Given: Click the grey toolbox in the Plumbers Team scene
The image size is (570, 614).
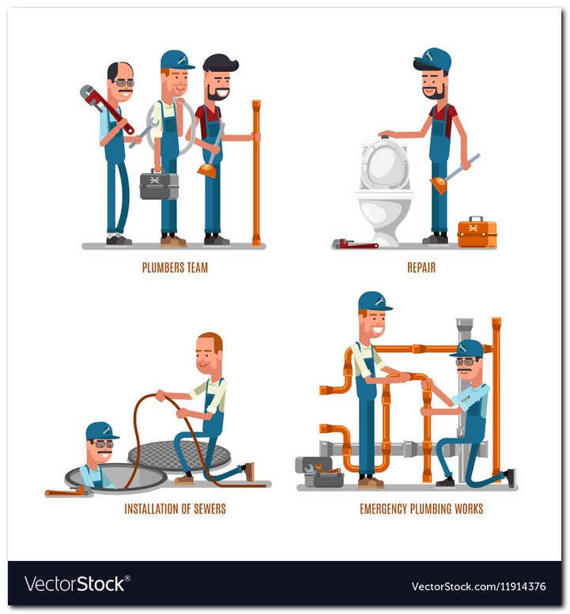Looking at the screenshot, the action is pos(159,185).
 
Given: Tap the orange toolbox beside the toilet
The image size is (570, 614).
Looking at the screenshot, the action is pos(478,232).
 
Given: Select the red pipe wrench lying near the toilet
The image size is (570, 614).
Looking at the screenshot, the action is pos(355,244).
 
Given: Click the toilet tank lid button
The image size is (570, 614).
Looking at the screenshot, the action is pos(386,137).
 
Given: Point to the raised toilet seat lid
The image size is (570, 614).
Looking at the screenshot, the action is pos(384,165).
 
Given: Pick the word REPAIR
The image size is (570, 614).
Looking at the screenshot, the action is pos(421,268).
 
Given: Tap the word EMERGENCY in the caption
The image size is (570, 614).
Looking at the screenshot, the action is pos(383,509).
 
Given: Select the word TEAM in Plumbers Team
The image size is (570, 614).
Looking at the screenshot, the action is pos(198,268).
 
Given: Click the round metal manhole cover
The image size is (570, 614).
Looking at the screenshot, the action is pos(179,454).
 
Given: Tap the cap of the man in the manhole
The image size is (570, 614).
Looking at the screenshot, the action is pos(102,431).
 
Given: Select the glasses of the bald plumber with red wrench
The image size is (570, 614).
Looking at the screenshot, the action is pos(125,83).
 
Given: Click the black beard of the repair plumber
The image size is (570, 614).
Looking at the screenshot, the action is pos(434,92).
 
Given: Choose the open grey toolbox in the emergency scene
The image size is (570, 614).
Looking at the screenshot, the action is pos(319,472).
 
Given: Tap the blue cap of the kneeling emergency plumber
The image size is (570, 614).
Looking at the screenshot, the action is pos(467,348).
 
